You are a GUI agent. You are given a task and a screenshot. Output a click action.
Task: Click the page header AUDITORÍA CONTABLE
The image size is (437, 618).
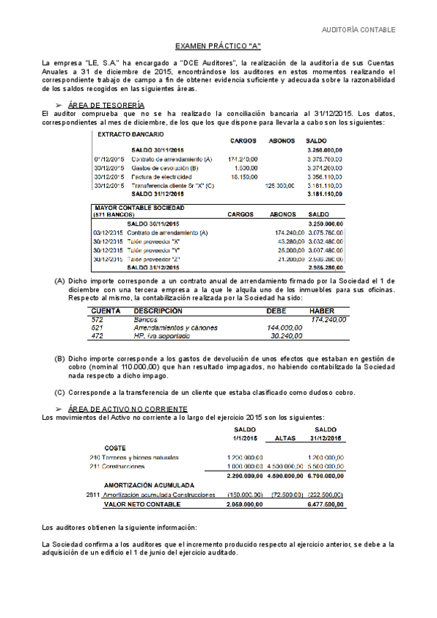pos(359,30)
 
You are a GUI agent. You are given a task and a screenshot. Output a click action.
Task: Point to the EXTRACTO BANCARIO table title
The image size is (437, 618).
pos(130,136)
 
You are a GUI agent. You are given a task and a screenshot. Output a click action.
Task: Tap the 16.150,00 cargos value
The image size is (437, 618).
pos(243,177)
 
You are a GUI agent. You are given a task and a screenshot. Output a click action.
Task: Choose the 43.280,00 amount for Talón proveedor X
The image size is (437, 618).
pos(283,241)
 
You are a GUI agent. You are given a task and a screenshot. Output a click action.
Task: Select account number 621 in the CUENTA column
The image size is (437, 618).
pos(97,328)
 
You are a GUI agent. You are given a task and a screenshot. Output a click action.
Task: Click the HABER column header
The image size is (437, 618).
pos(322,310)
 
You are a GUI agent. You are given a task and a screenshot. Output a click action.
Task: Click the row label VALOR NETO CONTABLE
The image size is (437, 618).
pos(142,503)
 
